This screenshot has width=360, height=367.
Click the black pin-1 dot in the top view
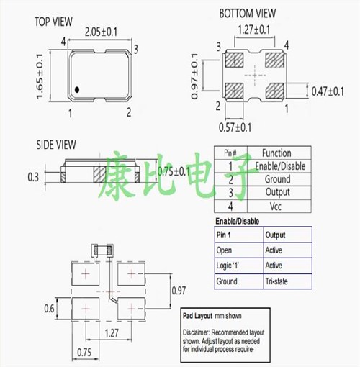77,90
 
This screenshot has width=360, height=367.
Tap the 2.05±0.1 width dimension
101,32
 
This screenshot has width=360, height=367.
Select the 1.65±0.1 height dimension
40,76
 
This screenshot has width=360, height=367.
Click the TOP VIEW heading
53,22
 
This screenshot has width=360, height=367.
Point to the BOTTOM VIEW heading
248,14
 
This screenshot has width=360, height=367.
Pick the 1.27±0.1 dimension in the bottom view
254,30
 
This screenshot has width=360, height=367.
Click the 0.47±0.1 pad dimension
328,91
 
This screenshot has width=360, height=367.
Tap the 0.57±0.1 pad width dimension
235,127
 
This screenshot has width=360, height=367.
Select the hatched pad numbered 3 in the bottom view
235,59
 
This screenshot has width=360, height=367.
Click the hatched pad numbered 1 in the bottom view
275,91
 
